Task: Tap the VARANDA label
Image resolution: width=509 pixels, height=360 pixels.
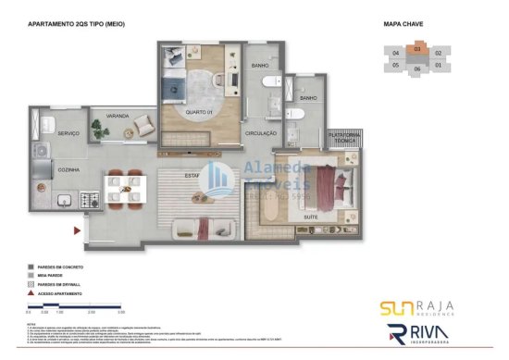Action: (x=117, y=117)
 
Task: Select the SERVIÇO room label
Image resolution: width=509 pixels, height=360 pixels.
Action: (x=43, y=133)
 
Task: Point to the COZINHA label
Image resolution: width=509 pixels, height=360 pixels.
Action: (x=43, y=170)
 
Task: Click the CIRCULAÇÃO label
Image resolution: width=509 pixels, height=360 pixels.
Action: (x=261, y=133)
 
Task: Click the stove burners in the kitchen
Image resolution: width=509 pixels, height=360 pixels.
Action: (x=90, y=198)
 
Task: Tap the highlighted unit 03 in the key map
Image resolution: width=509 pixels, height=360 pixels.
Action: (x=417, y=48)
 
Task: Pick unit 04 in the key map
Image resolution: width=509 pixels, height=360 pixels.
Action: (x=395, y=54)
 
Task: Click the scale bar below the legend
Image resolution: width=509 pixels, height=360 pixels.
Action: (x=70, y=305)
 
